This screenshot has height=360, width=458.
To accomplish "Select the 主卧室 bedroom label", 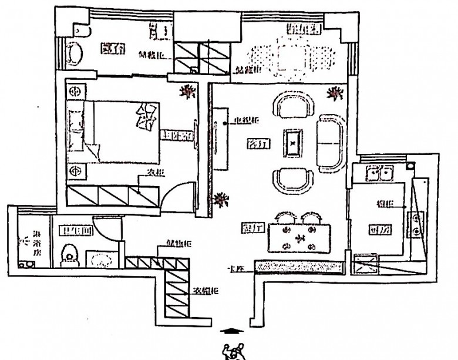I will pyautogui.click(x=177, y=136).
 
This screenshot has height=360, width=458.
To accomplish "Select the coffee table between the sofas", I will pyautogui.click(x=293, y=143).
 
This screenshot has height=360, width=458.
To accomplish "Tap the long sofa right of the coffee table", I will pyautogui.click(x=332, y=143).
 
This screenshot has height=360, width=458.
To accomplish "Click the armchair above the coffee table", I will pyautogui.click(x=294, y=107).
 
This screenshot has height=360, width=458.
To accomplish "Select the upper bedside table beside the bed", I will pyautogui.click(x=75, y=92).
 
